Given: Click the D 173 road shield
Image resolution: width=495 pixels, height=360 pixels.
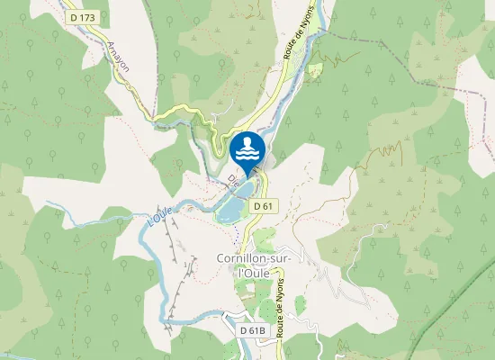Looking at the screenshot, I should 83,17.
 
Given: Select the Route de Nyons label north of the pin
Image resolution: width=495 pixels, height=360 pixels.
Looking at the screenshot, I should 293,41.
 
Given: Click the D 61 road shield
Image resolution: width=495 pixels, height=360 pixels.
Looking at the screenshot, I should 263,206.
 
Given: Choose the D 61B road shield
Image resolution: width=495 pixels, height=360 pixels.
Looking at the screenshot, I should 254,330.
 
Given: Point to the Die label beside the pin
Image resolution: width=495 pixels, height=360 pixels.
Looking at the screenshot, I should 232,180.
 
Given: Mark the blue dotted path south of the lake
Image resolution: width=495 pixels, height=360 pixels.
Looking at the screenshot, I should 237,232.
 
